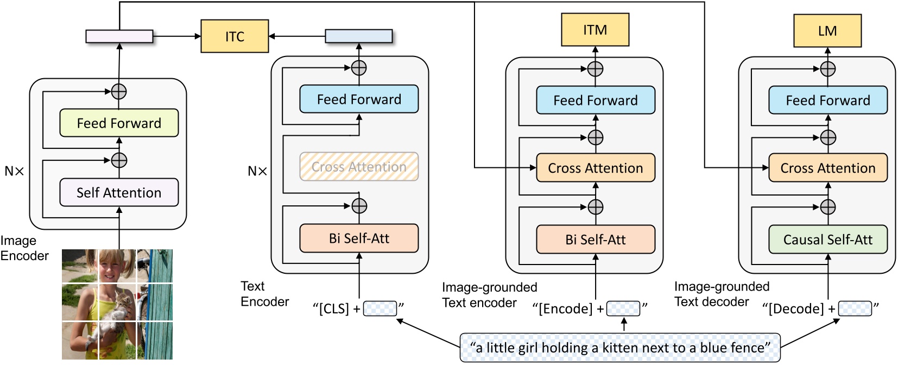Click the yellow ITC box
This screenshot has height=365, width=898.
[235, 36]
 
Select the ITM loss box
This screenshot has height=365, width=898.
[595, 30]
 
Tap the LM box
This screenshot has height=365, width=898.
[827, 31]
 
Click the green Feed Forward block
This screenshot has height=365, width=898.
[119, 123]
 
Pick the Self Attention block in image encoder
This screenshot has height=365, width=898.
[119, 193]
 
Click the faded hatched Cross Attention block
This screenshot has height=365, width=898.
[359, 167]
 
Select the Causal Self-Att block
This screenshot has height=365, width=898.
[827, 240]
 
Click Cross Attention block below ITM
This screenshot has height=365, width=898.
[595, 168]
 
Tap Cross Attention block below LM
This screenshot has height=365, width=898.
[827, 168]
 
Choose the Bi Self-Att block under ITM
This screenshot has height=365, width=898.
[595, 240]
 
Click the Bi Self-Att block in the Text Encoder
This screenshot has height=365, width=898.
[359, 238]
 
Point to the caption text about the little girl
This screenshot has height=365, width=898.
[620, 348]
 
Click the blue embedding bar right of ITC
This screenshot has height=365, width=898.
[358, 36]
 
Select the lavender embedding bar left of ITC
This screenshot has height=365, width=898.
[119, 36]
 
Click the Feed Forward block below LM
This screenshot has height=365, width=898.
[827, 100]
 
